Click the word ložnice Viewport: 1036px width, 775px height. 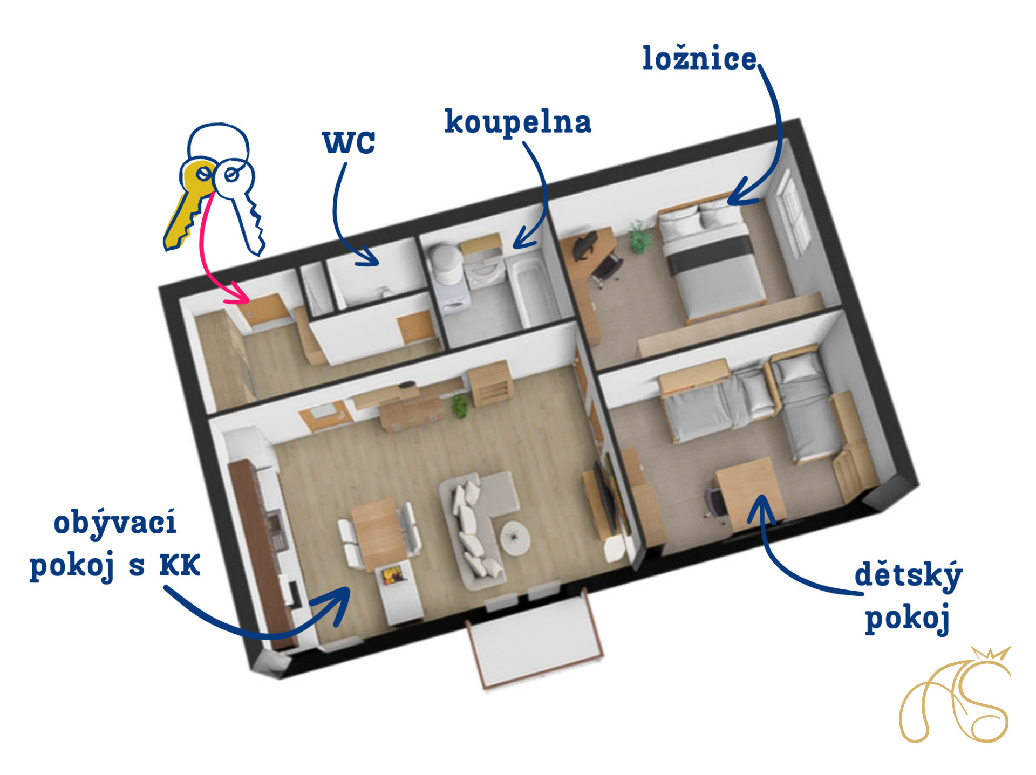point(699,58)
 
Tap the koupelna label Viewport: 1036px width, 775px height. point(518,122)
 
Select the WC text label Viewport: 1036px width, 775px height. point(349,142)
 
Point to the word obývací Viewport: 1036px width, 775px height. point(115,522)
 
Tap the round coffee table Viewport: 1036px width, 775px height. point(515,537)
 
